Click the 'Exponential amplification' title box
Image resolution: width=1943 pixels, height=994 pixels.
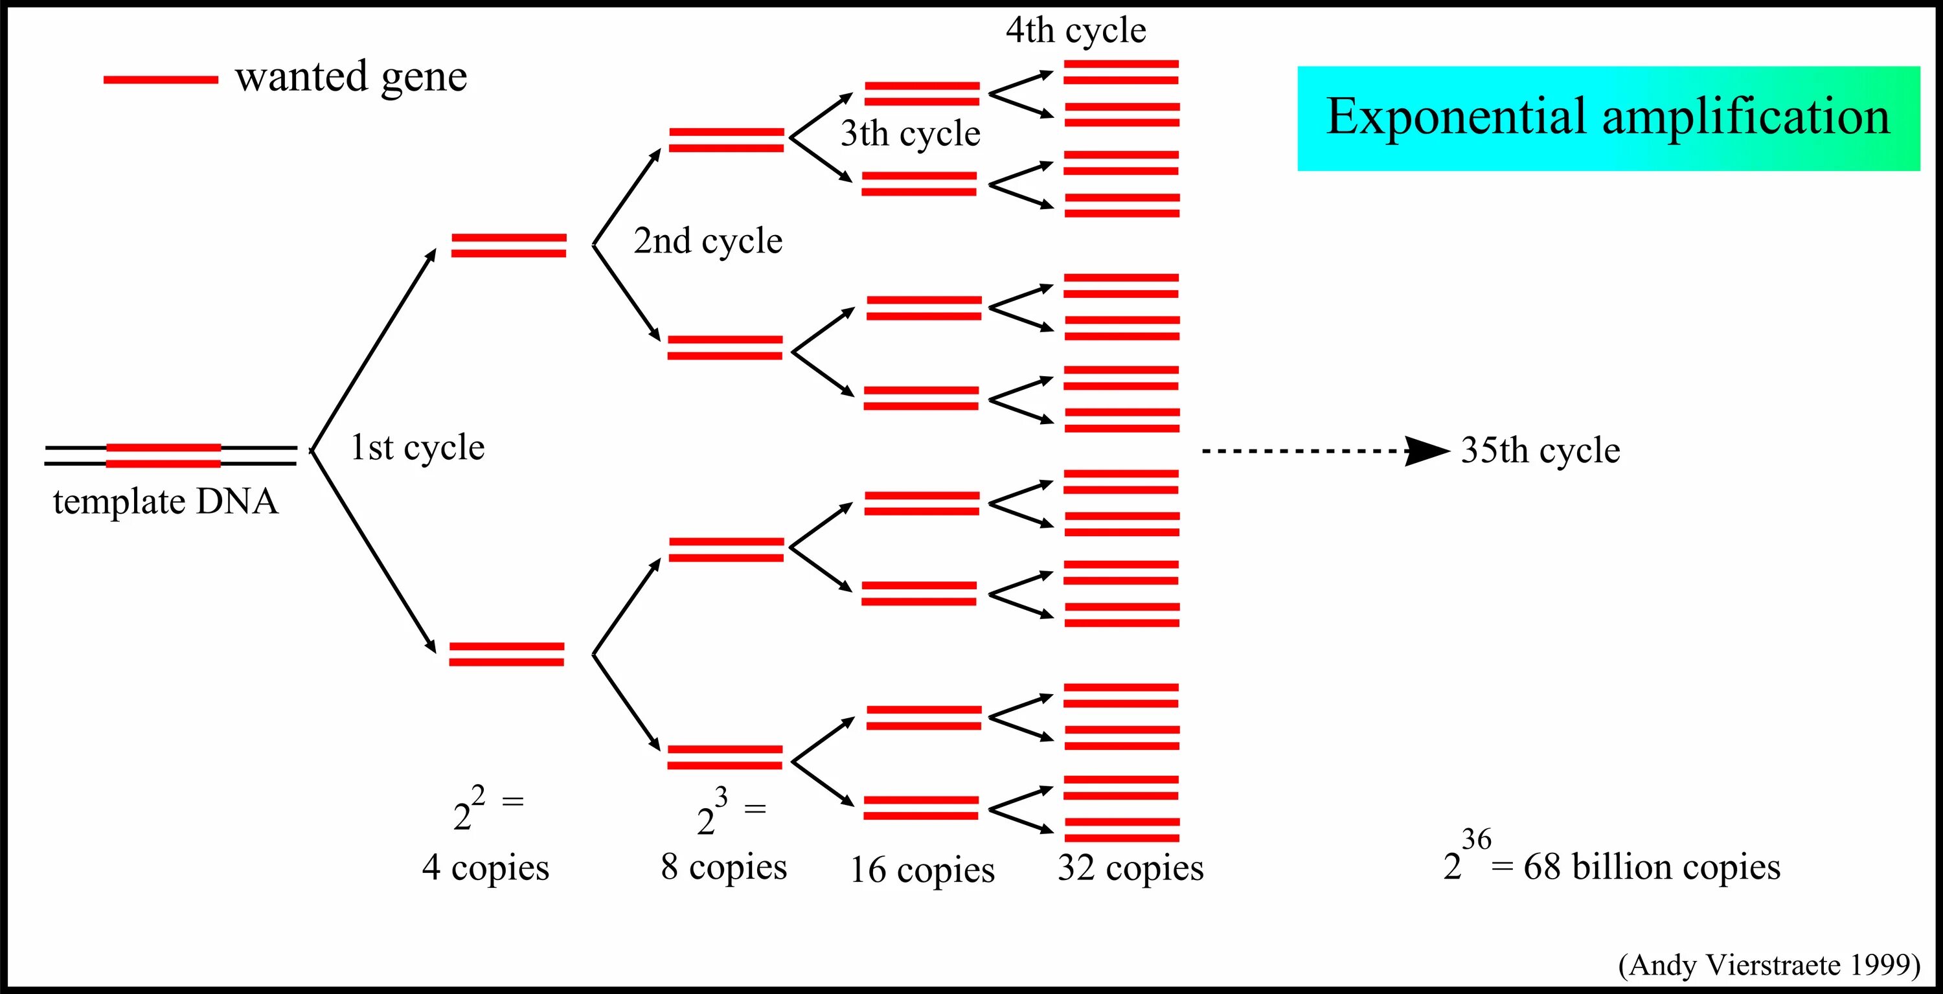(x=1608, y=118)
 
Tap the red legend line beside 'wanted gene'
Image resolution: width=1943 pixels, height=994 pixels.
(x=161, y=79)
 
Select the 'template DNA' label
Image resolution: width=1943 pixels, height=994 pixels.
(x=165, y=501)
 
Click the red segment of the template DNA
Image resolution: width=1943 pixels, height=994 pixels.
(x=164, y=455)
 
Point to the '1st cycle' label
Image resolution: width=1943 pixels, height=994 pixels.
(x=417, y=447)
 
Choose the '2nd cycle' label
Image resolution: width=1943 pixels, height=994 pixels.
(x=707, y=241)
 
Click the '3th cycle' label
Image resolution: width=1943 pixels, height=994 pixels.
(x=911, y=133)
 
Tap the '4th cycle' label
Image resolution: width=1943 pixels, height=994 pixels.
(x=1076, y=31)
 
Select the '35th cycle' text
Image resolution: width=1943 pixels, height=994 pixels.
(x=1540, y=450)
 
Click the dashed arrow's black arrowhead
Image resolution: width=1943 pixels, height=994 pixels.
(x=1426, y=451)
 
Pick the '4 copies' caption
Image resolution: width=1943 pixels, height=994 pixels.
(x=486, y=867)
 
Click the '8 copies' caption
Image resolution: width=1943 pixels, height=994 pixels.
(x=724, y=866)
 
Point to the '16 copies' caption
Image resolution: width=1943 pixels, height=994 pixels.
(x=922, y=870)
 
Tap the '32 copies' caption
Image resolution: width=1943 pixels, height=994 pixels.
(x=1131, y=867)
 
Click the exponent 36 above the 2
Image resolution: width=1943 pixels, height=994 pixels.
(x=1476, y=839)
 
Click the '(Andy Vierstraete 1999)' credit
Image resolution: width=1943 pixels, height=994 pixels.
(x=1769, y=965)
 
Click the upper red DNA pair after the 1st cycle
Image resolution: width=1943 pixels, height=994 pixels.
(x=508, y=245)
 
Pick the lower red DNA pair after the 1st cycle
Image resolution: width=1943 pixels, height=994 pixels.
(x=506, y=654)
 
